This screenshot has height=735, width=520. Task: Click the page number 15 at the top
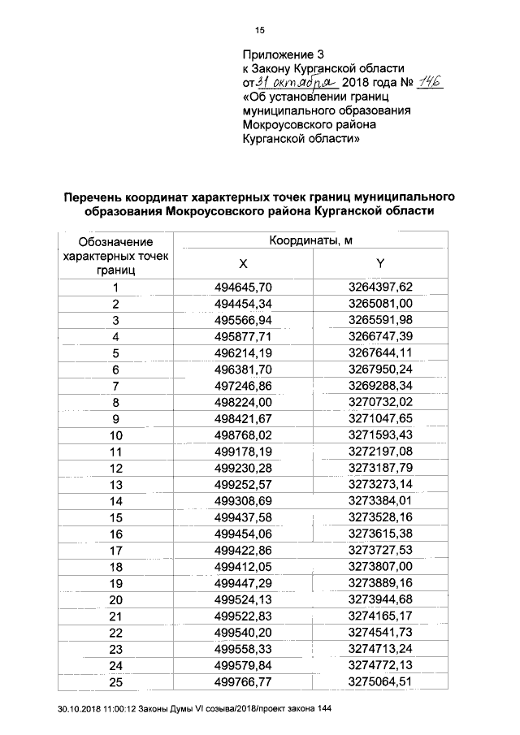tap(261, 32)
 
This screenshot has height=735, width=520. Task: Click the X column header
tap(243, 264)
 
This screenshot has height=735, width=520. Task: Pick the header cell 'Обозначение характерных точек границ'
tap(115, 253)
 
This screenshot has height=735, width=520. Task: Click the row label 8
tap(116, 402)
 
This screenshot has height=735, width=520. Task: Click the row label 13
tap(116, 484)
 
